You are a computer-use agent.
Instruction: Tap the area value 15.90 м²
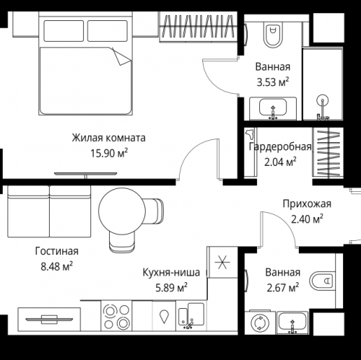pyautogui.click(x=109, y=152)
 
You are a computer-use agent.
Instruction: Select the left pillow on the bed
pyautogui.click(x=64, y=30)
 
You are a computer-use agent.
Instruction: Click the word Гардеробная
pyautogui.click(x=280, y=147)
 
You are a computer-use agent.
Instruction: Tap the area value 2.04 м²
pyautogui.click(x=281, y=162)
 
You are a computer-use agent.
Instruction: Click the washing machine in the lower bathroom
pyautogui.click(x=258, y=322)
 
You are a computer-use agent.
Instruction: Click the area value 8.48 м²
pyautogui.click(x=56, y=266)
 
